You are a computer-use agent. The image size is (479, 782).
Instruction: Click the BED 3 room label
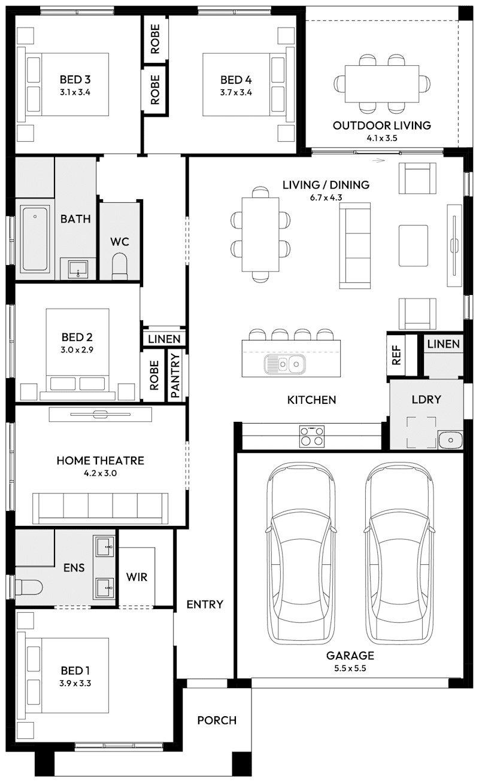point(75,80)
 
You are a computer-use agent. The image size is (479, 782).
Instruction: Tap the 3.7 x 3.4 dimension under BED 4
point(236,92)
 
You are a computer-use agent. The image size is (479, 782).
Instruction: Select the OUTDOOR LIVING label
point(381,126)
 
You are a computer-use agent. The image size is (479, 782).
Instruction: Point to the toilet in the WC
point(120,266)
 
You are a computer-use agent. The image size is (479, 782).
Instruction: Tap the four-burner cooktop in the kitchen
point(311,436)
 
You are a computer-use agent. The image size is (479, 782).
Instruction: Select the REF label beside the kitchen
point(395,355)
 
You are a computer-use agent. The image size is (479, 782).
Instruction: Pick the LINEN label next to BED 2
point(164,339)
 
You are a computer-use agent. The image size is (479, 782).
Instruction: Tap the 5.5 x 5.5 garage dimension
point(350,668)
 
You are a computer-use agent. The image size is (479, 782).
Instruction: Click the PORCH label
point(217,720)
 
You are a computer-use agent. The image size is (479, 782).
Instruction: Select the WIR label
point(137,578)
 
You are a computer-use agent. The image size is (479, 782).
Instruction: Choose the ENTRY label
point(205,604)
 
